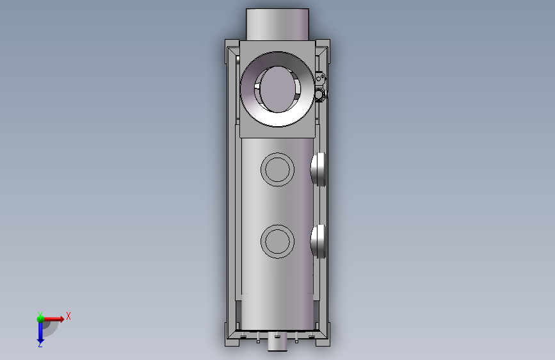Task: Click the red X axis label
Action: pyautogui.click(x=68, y=316)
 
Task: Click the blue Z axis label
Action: pyautogui.click(x=40, y=344)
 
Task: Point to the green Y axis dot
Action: pyautogui.click(x=40, y=319)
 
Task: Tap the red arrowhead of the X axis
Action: pyautogui.click(x=61, y=319)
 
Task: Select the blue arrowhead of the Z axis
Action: pyautogui.click(x=40, y=341)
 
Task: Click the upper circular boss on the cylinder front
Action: pyautogui.click(x=278, y=169)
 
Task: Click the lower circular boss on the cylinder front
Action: pyautogui.click(x=278, y=241)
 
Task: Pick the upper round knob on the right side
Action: pyautogui.click(x=319, y=169)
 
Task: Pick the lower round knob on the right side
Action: pyautogui.click(x=319, y=241)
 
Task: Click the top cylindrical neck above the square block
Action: pyautogui.click(x=278, y=24)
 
